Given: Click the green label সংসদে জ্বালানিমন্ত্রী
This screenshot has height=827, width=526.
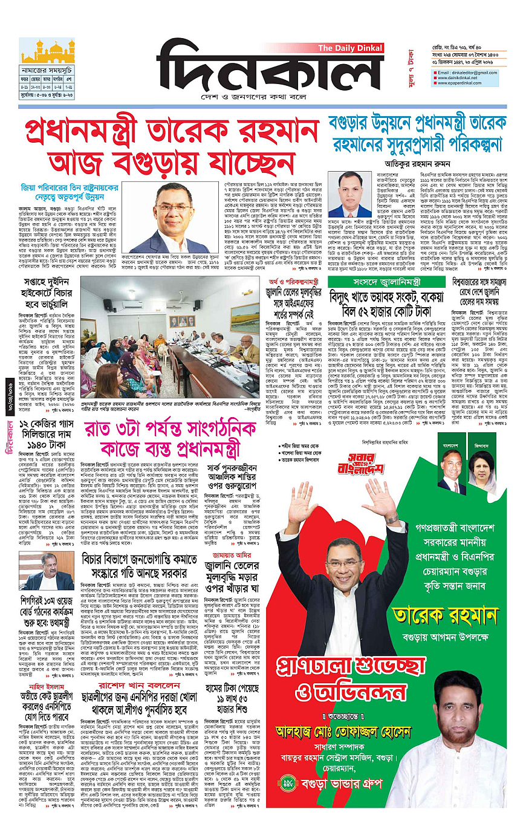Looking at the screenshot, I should click(x=388, y=282).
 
